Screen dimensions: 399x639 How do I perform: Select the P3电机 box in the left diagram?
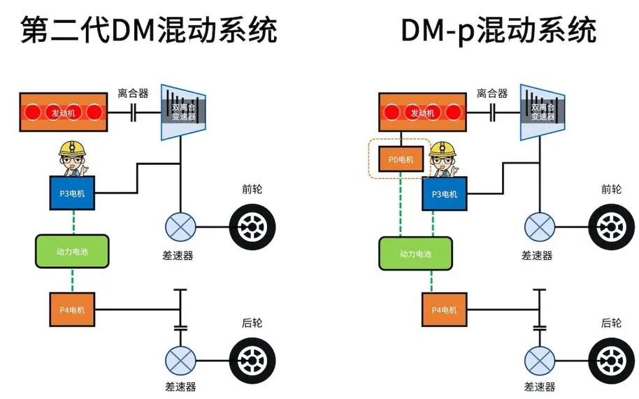click(x=72, y=193)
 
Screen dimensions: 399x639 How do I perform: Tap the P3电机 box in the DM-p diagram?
click(x=444, y=194)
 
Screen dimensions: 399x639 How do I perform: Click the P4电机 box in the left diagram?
click(x=72, y=309)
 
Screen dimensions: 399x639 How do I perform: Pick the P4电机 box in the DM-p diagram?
click(x=444, y=309)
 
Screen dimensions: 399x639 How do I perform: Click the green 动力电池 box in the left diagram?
click(x=72, y=251)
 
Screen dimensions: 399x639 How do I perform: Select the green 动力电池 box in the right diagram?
click(x=416, y=254)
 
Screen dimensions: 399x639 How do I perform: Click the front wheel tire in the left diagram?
click(x=253, y=227)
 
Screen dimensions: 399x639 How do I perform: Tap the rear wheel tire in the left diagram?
click(x=253, y=360)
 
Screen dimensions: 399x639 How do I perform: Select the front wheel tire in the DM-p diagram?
click(x=612, y=227)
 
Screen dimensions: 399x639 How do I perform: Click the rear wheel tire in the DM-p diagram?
click(x=612, y=360)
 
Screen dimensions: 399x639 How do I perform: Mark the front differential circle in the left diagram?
click(x=180, y=227)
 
